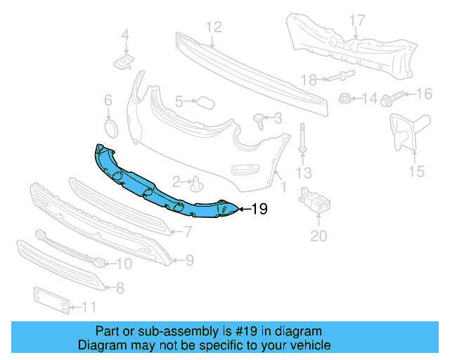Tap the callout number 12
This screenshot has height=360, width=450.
[213, 27]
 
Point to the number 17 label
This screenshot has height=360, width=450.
[357, 20]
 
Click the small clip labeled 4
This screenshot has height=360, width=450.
[124, 63]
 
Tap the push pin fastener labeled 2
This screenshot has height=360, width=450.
[198, 184]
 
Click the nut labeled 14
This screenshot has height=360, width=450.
[346, 98]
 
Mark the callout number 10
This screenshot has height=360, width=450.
[123, 264]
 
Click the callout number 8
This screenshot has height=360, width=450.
[120, 287]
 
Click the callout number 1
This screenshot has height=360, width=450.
[283, 187]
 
